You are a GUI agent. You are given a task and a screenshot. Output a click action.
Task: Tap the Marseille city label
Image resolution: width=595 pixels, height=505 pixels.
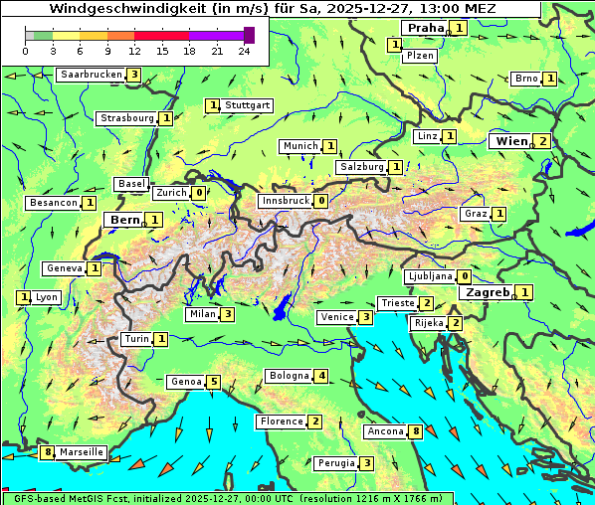click(x=81, y=452)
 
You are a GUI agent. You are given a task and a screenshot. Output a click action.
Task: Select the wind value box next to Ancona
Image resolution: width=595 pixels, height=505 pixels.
click(x=416, y=431)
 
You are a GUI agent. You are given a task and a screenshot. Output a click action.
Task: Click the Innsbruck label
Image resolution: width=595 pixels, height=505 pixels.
click(x=285, y=201)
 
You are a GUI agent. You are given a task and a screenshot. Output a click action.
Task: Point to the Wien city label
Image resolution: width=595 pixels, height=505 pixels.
click(x=510, y=141)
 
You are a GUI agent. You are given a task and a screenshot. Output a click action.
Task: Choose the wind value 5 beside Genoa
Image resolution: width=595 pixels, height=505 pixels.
click(x=213, y=382)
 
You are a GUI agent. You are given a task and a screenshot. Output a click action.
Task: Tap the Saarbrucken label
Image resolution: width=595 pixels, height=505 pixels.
click(x=91, y=75)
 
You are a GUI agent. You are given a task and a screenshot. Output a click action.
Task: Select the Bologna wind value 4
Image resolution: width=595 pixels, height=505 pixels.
click(x=320, y=376)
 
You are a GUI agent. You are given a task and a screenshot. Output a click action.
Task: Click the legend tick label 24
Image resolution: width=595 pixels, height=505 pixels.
click(x=245, y=51)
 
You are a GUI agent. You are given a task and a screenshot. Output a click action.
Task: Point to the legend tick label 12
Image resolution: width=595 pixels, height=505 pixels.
click(x=134, y=51)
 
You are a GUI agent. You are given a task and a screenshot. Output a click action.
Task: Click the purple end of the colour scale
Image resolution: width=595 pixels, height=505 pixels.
click(x=249, y=35)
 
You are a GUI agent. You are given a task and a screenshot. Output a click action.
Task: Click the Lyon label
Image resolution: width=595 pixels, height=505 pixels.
click(x=47, y=297)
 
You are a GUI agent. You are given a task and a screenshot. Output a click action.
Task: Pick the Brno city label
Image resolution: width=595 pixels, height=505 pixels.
click(x=526, y=79)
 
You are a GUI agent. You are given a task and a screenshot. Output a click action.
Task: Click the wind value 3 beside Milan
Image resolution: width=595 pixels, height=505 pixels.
click(x=228, y=315)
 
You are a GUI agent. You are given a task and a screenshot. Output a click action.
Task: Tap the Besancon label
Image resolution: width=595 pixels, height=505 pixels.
click(x=54, y=203)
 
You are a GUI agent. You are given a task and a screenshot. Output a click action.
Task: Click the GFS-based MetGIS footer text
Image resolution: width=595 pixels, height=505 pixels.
click(x=70, y=498)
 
